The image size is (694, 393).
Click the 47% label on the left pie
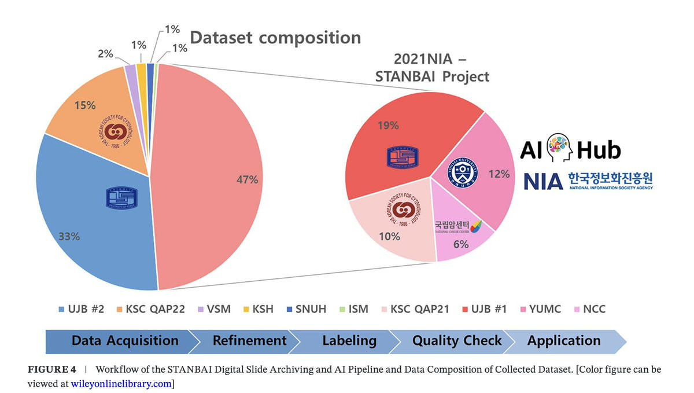[x=247, y=179]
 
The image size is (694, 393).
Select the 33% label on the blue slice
[x=69, y=236]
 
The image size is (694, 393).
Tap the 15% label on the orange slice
[x=85, y=105]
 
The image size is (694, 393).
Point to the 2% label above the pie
[x=106, y=54]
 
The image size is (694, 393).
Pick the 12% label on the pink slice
[x=498, y=174]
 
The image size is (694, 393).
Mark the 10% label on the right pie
[x=389, y=236]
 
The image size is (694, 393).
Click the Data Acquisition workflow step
[x=124, y=340]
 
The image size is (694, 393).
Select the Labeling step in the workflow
[x=349, y=340]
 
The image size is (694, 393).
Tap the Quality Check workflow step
[x=457, y=340]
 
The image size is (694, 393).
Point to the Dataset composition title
[x=275, y=38]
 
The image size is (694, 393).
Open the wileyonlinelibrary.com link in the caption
[x=121, y=383]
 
